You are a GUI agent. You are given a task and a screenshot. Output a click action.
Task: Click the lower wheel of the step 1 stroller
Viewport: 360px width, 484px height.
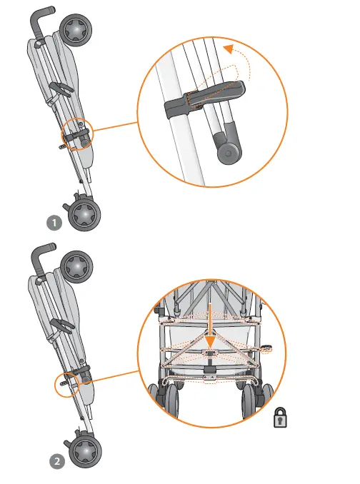[x=85, y=213]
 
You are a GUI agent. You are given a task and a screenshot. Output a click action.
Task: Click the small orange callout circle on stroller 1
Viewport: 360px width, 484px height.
[x=77, y=131]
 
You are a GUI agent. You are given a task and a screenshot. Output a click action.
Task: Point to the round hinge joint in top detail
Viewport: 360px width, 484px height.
[x=229, y=151]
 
